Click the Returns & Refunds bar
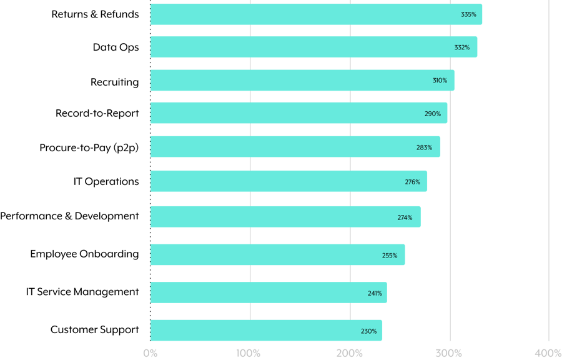pos(316,14)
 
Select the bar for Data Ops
pos(313,47)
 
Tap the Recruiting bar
pos(302,80)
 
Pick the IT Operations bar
pos(288,181)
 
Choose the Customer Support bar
pos(266,330)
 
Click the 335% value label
pos(468,14)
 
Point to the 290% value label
pos(433,114)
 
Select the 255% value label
pos(390,255)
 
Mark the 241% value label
pos(375,292)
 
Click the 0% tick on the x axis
pos(150,353)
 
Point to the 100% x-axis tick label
pos(249,353)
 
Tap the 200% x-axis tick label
pos(349,353)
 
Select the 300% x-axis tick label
pos(449,353)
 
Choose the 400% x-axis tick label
pos(548,353)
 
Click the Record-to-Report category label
pos(97,113)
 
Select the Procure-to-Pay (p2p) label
pos(89,147)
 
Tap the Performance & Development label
pos(69,216)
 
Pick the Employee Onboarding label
pos(84,254)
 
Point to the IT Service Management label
pos(82,292)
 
